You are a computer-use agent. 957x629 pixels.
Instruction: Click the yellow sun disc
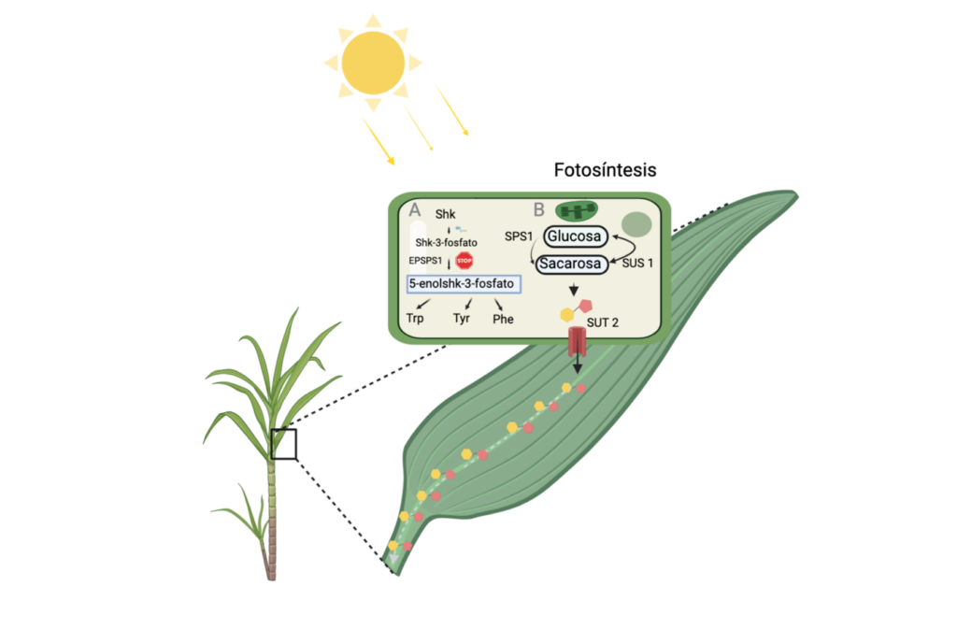(x=373, y=63)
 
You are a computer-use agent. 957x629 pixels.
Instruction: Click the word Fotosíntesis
(x=605, y=169)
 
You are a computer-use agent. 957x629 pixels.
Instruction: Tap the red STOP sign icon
(x=464, y=261)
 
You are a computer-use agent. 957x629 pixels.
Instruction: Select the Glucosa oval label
(x=575, y=236)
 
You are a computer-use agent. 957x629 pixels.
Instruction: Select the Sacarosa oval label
(x=571, y=264)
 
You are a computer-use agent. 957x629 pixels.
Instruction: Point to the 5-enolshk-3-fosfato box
(x=464, y=284)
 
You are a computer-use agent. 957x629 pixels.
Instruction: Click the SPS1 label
(x=518, y=236)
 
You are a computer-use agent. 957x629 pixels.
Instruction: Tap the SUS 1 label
(x=637, y=263)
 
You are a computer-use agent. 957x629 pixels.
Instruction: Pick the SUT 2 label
(x=603, y=322)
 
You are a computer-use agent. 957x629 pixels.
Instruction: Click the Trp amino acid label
(x=415, y=319)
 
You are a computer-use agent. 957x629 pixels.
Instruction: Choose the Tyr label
(x=462, y=319)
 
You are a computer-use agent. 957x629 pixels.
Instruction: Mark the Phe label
(x=503, y=319)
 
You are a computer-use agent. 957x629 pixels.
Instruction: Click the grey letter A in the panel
(x=415, y=210)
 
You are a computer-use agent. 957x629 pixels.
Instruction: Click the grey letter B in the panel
(x=539, y=210)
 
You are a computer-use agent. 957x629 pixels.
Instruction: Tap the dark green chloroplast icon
(x=576, y=210)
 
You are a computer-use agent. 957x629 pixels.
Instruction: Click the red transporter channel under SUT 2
(x=577, y=342)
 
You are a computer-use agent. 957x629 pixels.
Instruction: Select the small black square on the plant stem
(x=283, y=444)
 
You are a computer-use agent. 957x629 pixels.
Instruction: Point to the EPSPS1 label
(x=425, y=261)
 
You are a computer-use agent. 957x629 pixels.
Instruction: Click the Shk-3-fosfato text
(x=446, y=243)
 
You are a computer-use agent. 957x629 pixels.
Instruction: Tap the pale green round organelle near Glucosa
(x=636, y=224)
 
